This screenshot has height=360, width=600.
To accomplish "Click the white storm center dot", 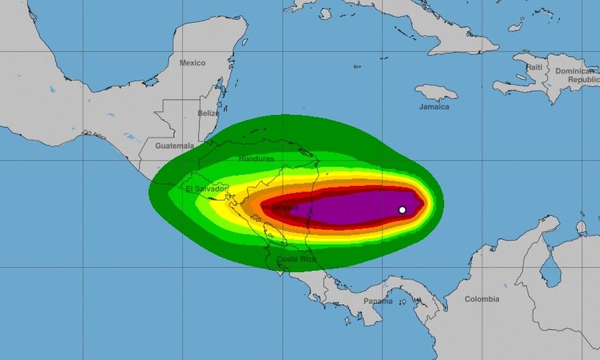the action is pos(402,210).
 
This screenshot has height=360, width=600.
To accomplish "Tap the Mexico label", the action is pos(192,63).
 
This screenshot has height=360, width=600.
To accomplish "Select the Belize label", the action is pos(208,113).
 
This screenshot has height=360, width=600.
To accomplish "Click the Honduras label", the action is pos(255,159).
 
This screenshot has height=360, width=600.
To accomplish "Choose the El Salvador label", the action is pos(206,189).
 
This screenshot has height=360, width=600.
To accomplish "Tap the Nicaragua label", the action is pos(281,208).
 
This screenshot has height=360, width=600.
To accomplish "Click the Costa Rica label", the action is pos(297,260).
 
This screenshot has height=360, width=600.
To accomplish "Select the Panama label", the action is pos(378,301).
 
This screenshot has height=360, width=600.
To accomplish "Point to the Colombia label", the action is pos(482,299).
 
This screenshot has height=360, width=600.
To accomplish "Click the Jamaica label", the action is pos(435,107).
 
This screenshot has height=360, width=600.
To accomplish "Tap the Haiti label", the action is pos(535,67).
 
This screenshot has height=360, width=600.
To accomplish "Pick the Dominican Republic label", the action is pos(574,75).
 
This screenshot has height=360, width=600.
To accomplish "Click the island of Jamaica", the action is pos(436,92).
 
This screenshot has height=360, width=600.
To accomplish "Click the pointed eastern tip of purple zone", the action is pos(423,203).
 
